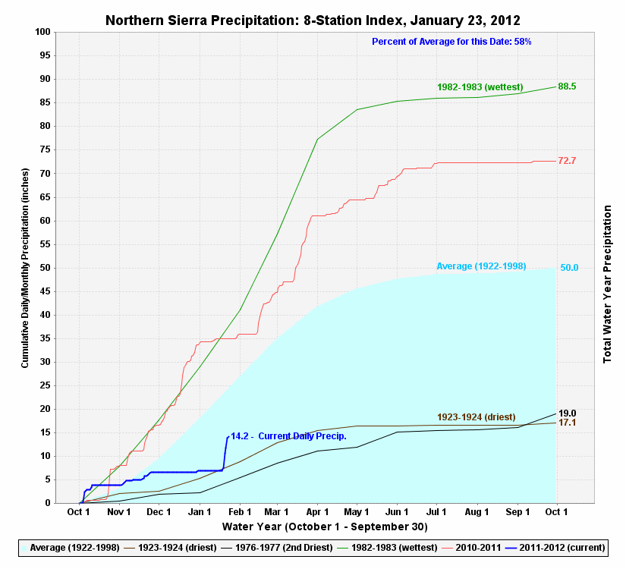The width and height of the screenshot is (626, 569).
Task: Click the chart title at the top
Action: tap(313, 19)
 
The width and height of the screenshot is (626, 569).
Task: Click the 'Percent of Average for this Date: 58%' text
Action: tap(451, 41)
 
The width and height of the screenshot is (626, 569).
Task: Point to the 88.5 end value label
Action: tap(567, 86)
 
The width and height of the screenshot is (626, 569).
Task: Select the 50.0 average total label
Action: tap(569, 268)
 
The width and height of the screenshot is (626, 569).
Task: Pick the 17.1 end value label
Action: tap(567, 423)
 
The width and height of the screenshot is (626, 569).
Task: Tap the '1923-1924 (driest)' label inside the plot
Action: tap(477, 417)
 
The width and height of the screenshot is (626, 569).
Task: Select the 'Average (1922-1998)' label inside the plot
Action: tap(481, 266)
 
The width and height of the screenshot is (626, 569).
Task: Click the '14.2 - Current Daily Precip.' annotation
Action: tap(288, 436)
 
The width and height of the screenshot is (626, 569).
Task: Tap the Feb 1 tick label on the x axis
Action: tap(240, 512)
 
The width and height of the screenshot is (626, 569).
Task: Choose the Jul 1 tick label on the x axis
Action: tap(437, 512)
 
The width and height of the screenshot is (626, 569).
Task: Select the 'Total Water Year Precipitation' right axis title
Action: tap(608, 283)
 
